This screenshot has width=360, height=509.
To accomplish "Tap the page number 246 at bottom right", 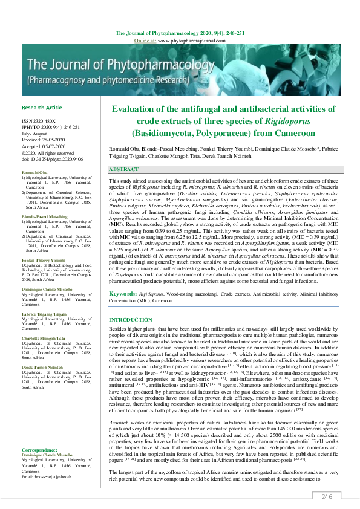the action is point(327,496).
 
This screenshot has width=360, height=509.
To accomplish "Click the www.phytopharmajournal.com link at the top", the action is point(188,39).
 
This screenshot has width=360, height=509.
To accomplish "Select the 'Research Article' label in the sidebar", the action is point(42,107).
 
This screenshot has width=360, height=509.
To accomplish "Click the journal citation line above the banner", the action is point(180,33).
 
